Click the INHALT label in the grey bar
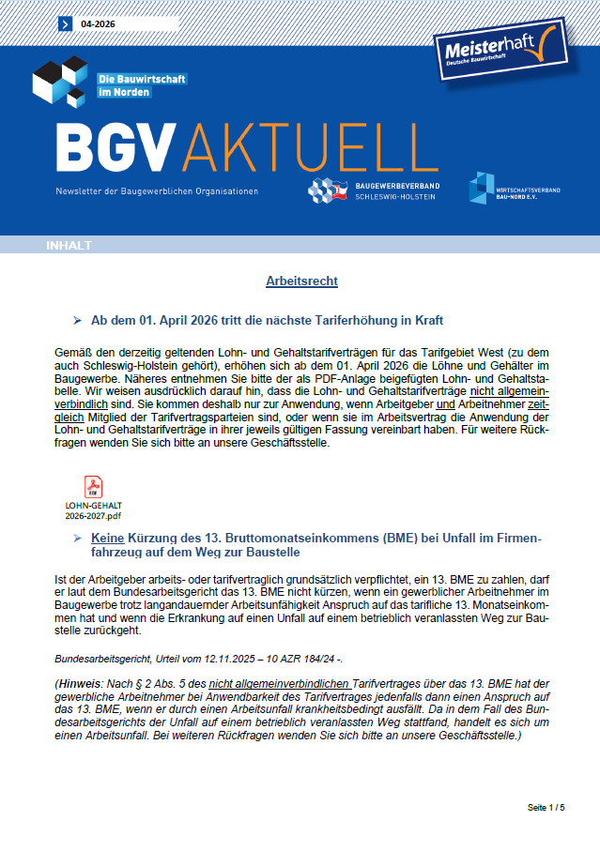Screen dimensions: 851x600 pos(69,246)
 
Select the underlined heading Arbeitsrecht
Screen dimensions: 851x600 pos(301,281)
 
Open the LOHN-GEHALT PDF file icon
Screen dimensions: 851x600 pos(94,487)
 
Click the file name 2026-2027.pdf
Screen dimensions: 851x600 pos(94,515)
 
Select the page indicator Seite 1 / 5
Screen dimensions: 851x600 pos(546,807)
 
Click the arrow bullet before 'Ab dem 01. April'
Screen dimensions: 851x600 pos(78,320)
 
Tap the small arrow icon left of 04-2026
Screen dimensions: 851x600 pos(65,23)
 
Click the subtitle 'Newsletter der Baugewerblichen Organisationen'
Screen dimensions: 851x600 pos(156,191)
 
